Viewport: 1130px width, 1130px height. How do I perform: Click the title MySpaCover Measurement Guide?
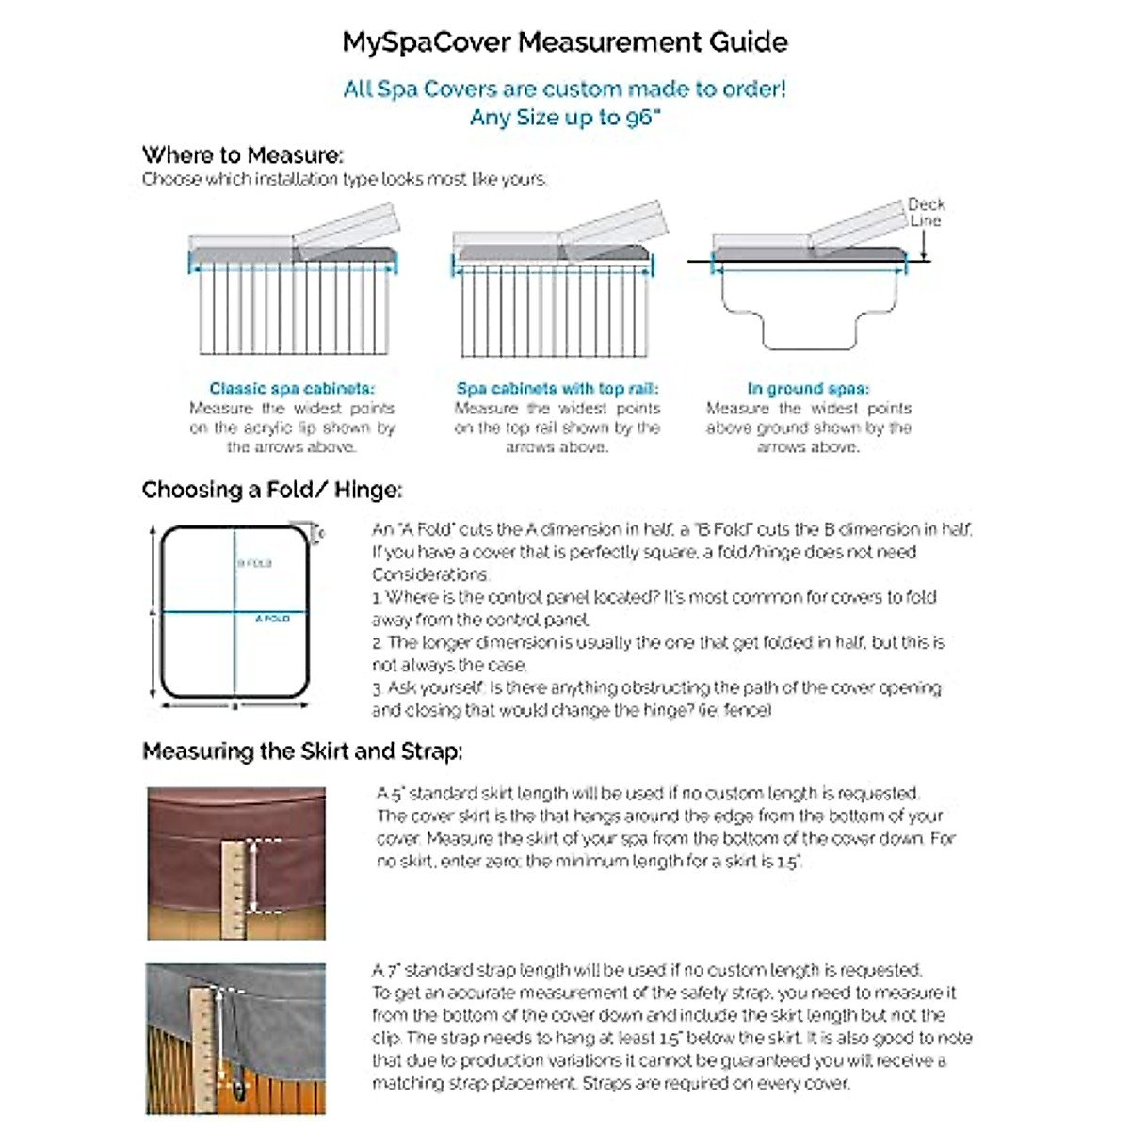click(x=564, y=42)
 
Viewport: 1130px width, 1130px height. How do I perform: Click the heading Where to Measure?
click(x=243, y=154)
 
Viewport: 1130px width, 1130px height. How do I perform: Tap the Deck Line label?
click(x=926, y=212)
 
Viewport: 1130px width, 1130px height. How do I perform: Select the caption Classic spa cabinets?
click(x=292, y=388)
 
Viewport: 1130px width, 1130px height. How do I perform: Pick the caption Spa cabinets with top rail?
click(x=557, y=388)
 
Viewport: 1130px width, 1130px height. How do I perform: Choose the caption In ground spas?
click(x=808, y=388)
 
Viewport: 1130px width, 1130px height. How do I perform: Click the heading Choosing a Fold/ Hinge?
click(x=271, y=490)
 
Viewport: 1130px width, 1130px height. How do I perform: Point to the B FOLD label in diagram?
click(x=254, y=563)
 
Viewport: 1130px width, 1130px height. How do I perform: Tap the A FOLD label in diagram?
click(x=272, y=619)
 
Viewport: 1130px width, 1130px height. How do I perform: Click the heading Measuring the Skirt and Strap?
click(x=301, y=751)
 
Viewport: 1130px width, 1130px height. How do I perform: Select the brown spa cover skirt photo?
click(x=236, y=863)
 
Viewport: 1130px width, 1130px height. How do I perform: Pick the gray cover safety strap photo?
click(x=235, y=1039)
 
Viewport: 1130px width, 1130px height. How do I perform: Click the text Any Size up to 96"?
click(x=564, y=118)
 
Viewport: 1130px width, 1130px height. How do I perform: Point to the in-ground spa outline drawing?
click(x=808, y=306)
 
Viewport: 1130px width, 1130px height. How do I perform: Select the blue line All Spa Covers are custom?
click(x=564, y=89)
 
